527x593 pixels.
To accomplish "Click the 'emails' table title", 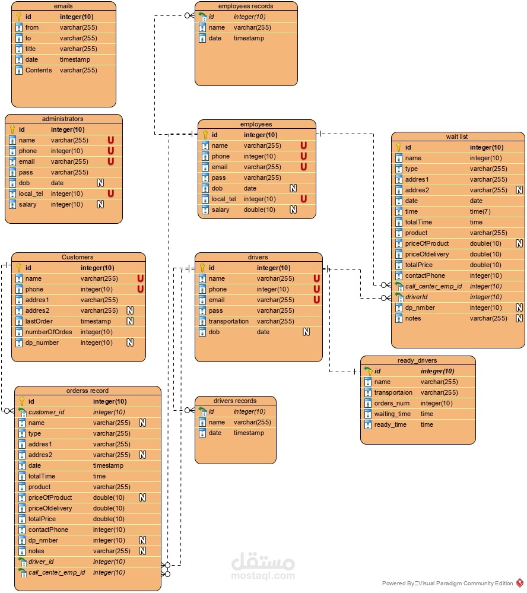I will tap(63, 6).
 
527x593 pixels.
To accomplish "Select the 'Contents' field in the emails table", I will tap(39, 70).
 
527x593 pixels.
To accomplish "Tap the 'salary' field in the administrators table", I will tap(27, 204).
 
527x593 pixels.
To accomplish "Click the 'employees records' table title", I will tap(246, 6).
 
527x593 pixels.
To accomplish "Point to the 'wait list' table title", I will tap(457, 137).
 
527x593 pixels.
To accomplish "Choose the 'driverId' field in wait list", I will tap(417, 297).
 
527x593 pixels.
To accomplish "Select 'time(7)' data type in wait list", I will tap(480, 211).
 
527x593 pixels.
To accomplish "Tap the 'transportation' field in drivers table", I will tap(229, 321).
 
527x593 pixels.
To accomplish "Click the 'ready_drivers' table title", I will tap(417, 360).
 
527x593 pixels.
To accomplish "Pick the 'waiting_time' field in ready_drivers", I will tap(392, 414).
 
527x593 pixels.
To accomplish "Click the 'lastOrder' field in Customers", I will tap(39, 321).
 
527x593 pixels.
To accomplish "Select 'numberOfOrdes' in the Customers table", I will tap(49, 332).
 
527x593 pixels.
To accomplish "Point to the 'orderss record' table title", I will tap(87, 391).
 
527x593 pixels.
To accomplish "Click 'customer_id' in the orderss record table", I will tap(46, 412).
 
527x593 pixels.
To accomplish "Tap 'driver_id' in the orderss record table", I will tap(42, 562).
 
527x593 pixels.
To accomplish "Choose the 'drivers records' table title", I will tap(235, 401).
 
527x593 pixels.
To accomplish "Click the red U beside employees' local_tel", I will tap(303, 199).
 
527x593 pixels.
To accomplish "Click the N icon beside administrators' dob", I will tap(100, 183).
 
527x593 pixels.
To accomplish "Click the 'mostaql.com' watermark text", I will tap(262, 575).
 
